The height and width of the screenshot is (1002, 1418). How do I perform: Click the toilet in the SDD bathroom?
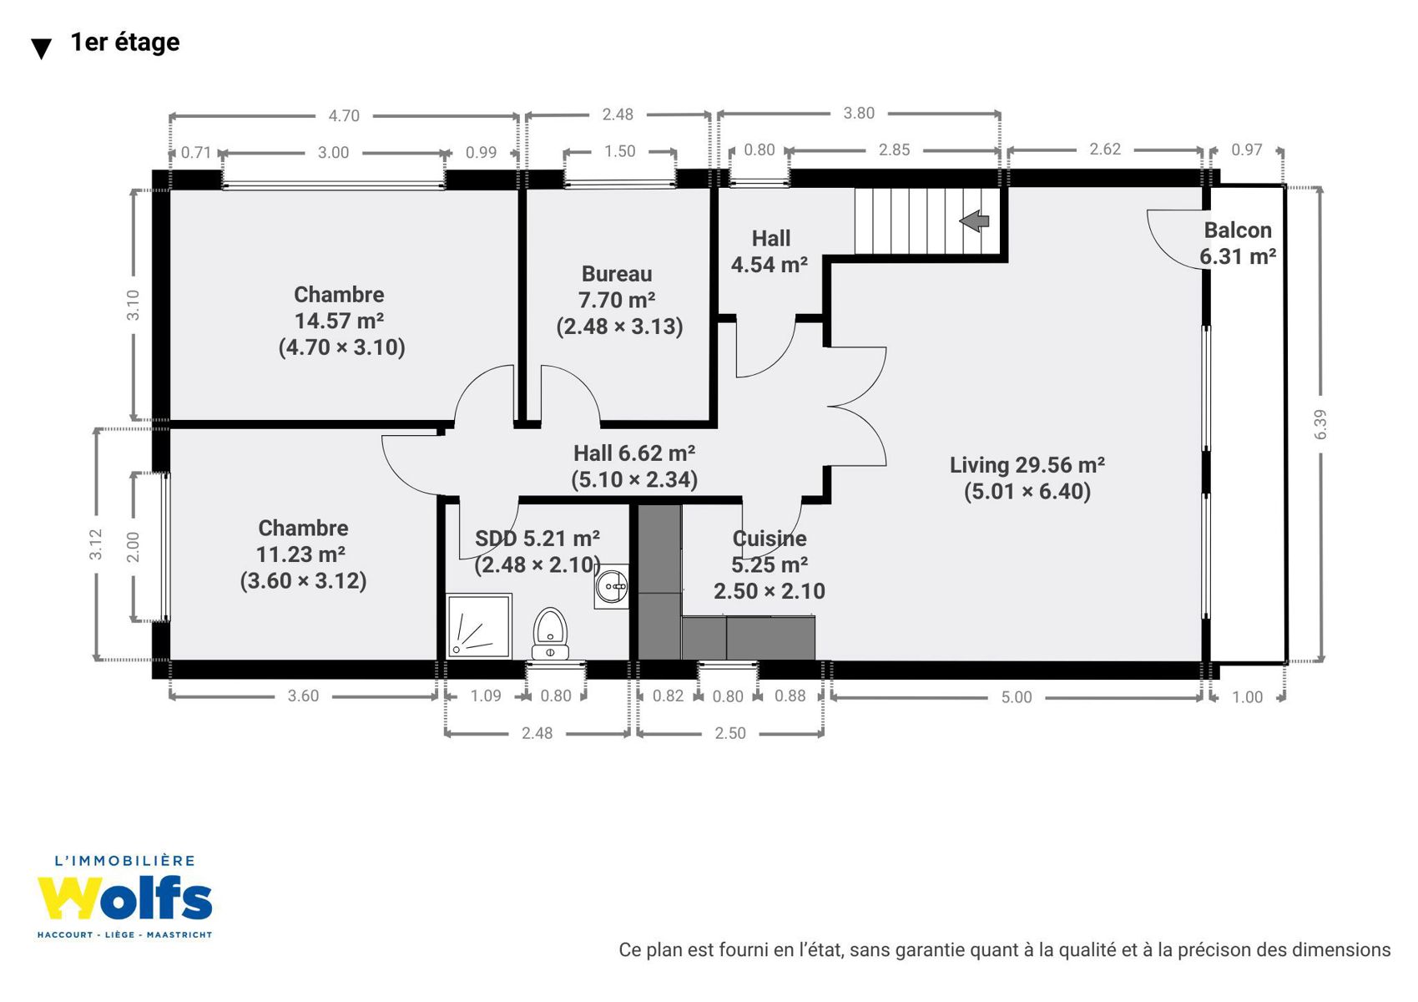[x=550, y=634]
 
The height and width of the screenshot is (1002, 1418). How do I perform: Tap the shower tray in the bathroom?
[x=478, y=625]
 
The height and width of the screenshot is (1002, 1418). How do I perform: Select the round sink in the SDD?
[x=612, y=586]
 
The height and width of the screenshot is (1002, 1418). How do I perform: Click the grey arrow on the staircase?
[x=974, y=221]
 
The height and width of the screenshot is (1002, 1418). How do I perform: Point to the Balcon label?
[x=1238, y=230]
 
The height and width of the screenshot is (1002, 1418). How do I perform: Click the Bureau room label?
[x=617, y=274]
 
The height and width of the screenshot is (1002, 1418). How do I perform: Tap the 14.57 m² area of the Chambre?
[x=340, y=321]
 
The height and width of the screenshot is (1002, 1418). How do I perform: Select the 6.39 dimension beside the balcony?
[x=1320, y=424]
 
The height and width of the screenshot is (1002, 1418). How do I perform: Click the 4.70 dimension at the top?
[x=344, y=115]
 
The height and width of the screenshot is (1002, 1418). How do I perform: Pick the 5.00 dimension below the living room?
[x=1017, y=696]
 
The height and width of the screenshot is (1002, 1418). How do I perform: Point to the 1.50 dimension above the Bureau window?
[x=620, y=151]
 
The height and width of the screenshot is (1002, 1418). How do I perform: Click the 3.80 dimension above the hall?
[x=859, y=113]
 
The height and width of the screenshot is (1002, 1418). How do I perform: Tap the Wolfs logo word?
[x=124, y=898]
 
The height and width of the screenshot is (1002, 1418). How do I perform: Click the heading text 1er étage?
[x=125, y=42]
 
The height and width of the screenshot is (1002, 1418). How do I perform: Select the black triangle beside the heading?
[x=41, y=48]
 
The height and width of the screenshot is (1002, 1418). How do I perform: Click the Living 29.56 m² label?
[x=1027, y=465]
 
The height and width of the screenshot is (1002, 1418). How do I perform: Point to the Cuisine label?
[x=770, y=539]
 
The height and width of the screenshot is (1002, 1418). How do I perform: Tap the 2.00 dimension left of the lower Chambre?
[x=133, y=546]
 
